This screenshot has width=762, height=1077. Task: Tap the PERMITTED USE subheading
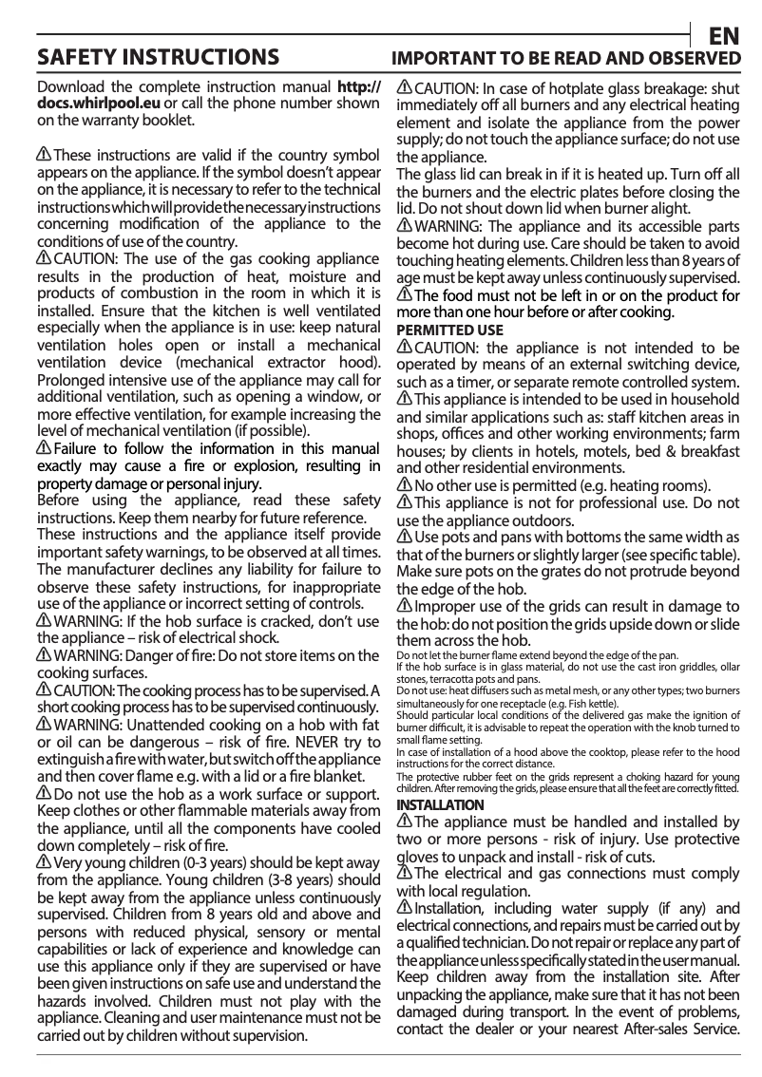[x=449, y=331]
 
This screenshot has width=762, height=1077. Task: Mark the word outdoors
[x=540, y=520]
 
